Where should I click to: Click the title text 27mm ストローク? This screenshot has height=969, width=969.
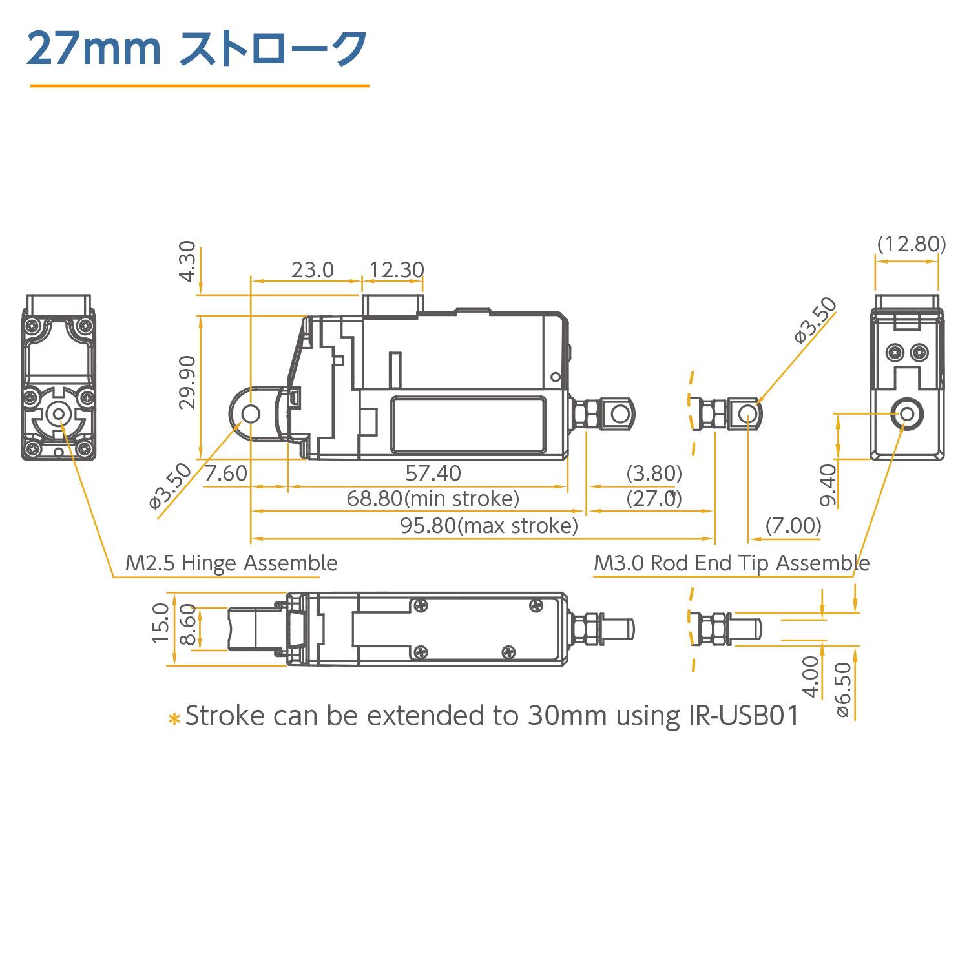(196, 48)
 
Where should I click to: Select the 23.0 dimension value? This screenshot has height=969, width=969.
(312, 269)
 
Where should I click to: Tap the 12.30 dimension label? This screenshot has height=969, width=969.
(396, 269)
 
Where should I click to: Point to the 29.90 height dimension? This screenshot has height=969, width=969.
(187, 382)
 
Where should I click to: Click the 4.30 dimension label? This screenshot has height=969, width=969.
(187, 261)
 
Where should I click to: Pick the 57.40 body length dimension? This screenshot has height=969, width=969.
(433, 474)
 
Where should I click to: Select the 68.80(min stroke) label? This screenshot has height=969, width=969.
(433, 499)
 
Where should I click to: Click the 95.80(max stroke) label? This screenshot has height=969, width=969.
(489, 526)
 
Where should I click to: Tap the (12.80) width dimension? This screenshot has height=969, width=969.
(912, 244)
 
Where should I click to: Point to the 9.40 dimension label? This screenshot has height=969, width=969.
(828, 485)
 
